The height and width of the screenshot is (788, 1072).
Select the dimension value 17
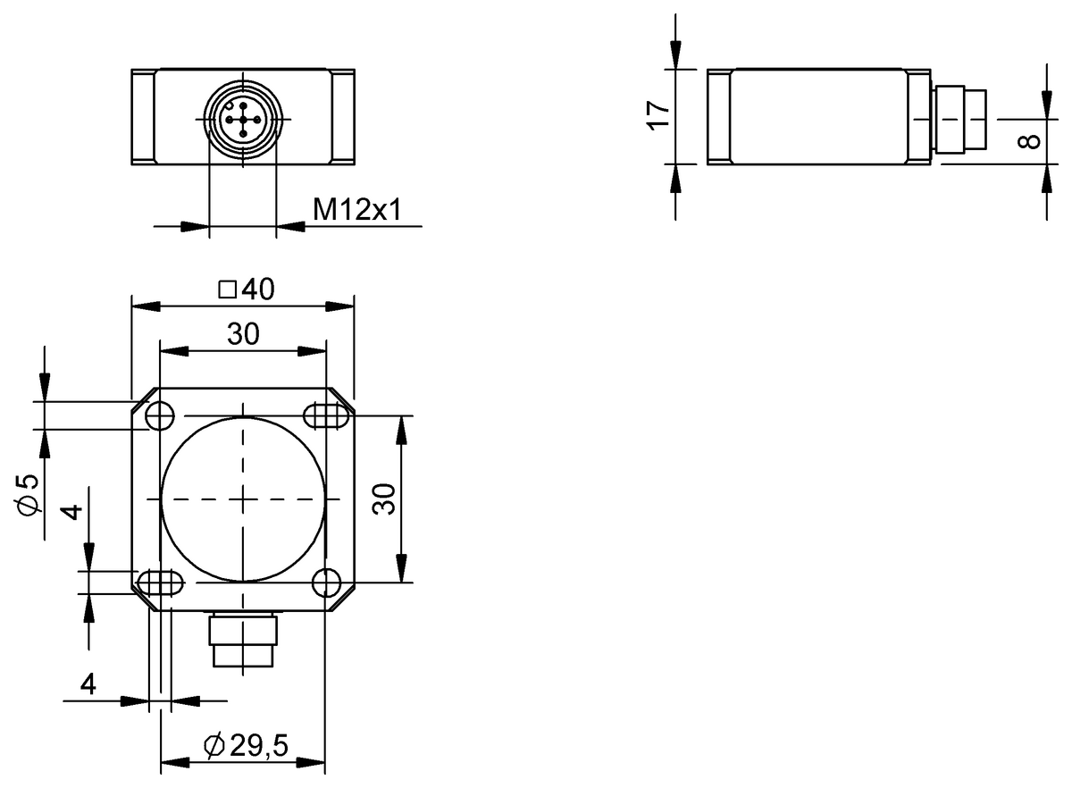[x=658, y=115]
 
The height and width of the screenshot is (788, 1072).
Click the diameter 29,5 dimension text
[x=247, y=746]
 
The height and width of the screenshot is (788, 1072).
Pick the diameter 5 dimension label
[x=29, y=493]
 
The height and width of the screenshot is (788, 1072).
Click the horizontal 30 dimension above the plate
[x=242, y=334]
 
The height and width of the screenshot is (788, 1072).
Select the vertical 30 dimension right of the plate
[x=383, y=499]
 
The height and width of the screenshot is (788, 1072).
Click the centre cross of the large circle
[x=242, y=499]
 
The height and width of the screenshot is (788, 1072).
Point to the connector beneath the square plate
[x=242, y=640]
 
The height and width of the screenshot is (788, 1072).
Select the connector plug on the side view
[x=961, y=117]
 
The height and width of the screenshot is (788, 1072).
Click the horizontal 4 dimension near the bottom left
[x=88, y=684]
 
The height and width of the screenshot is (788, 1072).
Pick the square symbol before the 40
[x=227, y=289]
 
